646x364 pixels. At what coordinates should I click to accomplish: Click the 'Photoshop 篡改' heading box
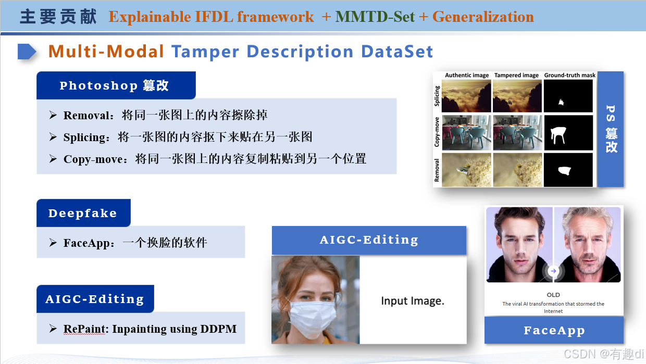(116, 85)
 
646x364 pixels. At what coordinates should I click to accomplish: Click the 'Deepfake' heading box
(83, 213)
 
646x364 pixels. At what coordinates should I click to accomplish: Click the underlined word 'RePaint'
(85, 329)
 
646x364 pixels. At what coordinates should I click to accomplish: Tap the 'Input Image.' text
(412, 301)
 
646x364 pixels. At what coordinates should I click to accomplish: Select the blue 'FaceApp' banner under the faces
(554, 330)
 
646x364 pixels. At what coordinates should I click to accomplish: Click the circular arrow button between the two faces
(553, 271)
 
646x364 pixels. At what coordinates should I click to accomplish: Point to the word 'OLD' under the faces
(553, 295)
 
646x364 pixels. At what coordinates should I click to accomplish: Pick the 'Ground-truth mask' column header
(569, 76)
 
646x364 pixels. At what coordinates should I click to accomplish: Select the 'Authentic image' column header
(467, 76)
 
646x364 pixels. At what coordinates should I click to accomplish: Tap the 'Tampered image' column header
(516, 76)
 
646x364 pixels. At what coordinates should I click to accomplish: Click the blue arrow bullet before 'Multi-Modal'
(27, 52)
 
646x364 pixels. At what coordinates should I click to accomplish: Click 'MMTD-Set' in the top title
(375, 17)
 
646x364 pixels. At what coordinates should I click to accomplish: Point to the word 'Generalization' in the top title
(483, 17)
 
